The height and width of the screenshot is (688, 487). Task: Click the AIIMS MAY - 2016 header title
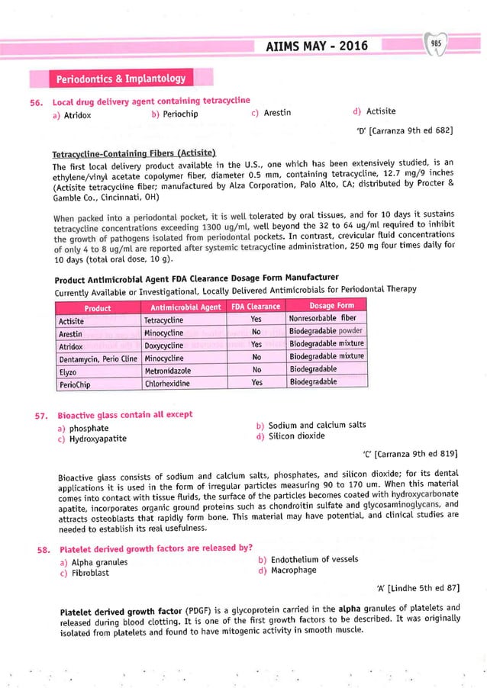click(315, 47)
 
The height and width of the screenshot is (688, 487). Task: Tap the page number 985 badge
click(437, 44)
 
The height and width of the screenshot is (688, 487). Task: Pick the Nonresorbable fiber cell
click(322, 320)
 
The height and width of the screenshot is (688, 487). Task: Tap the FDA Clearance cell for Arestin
click(256, 333)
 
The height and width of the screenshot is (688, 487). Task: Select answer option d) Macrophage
click(287, 571)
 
